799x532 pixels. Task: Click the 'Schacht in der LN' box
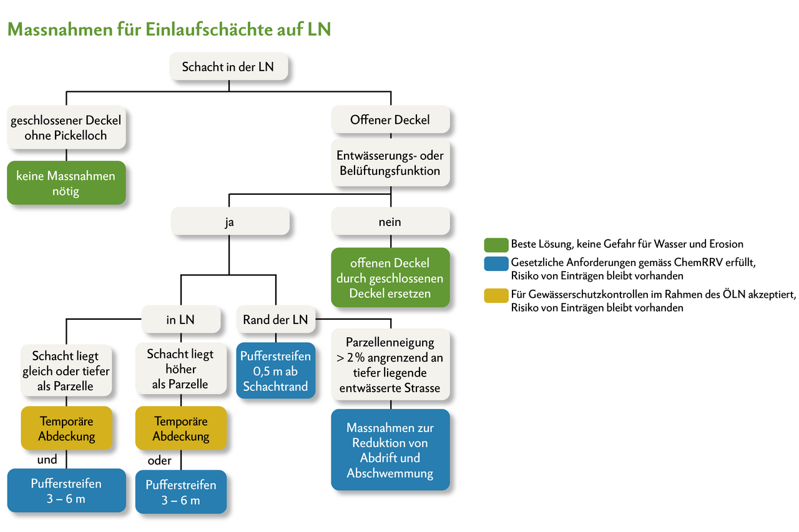click(x=228, y=67)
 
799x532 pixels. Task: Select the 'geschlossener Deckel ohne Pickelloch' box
click(x=66, y=127)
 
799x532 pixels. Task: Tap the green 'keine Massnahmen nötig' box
click(x=66, y=184)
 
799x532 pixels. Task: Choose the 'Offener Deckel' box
click(x=390, y=119)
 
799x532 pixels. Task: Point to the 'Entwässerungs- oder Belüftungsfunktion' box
click(x=390, y=162)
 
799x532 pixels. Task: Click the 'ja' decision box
click(x=230, y=222)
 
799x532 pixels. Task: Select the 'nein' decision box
click(x=390, y=222)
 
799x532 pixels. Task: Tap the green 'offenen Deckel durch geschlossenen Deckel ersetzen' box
click(x=390, y=278)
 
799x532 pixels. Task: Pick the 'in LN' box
click(x=180, y=320)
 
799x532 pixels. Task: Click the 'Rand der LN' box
click(x=276, y=320)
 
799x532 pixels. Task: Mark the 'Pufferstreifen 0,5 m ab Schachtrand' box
click(x=276, y=372)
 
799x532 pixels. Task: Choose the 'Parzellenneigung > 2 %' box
click(x=390, y=365)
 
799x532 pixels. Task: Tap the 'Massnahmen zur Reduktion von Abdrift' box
click(x=390, y=450)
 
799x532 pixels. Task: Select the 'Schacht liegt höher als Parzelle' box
click(x=180, y=369)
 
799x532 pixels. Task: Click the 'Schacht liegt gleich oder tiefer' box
click(x=66, y=370)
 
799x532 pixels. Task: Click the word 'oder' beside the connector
click(x=160, y=461)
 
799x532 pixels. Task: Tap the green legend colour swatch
click(x=495, y=244)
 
